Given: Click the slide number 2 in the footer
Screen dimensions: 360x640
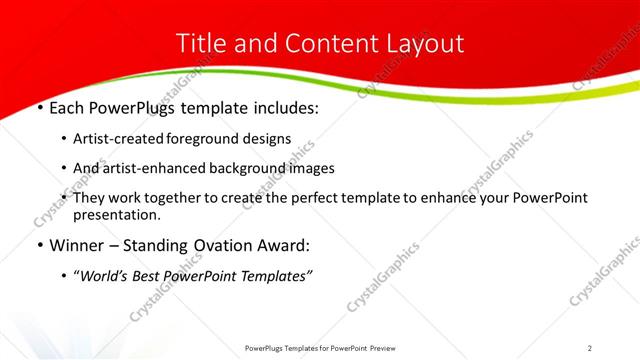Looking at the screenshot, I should click(x=590, y=348).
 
